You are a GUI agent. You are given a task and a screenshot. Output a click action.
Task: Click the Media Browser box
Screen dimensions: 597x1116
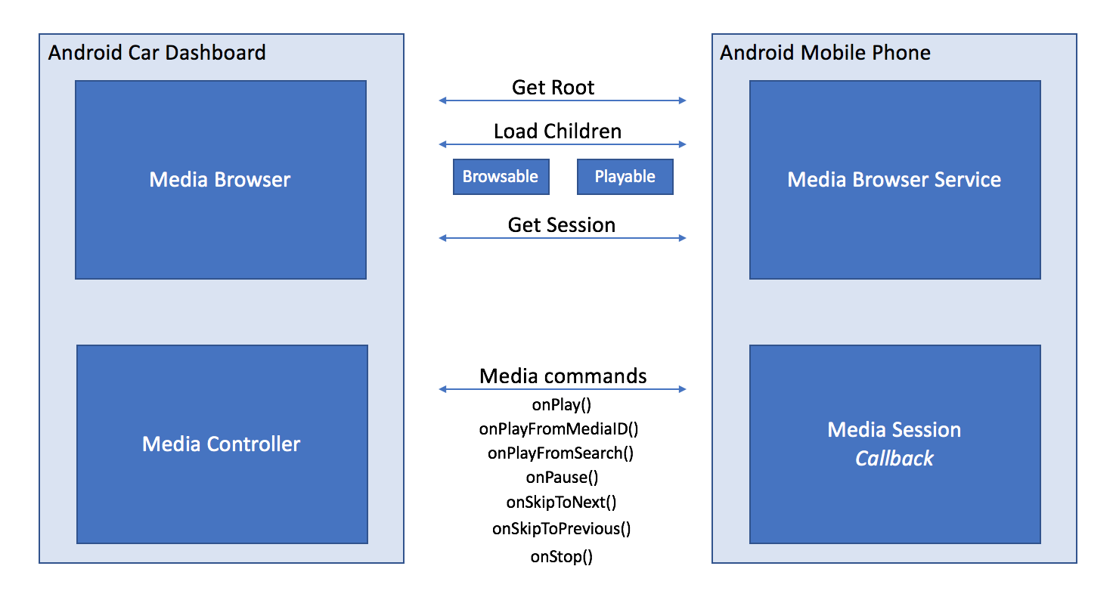point(220,180)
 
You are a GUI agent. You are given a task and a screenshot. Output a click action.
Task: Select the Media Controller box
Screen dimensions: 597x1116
point(222,444)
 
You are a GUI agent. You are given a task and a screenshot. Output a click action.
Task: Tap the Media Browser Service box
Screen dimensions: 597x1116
point(894,180)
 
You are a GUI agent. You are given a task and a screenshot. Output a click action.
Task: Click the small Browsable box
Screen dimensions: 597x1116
point(501,177)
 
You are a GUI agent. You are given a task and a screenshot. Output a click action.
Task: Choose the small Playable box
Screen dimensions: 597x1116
point(625,177)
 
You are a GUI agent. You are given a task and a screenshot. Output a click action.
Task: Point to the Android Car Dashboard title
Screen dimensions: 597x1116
point(157,53)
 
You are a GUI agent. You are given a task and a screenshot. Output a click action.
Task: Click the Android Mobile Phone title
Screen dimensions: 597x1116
point(825,53)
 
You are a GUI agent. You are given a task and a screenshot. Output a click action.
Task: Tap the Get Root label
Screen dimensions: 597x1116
point(553,88)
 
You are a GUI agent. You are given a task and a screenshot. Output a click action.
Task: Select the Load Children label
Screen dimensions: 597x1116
point(558,131)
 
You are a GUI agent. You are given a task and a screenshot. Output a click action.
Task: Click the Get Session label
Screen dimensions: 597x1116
point(562,225)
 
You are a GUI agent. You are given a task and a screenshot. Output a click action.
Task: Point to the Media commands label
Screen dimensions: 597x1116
point(563,376)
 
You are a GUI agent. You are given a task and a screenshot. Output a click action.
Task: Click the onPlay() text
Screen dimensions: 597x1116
point(562,405)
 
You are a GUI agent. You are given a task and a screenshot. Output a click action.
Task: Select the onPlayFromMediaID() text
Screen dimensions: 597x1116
point(559,429)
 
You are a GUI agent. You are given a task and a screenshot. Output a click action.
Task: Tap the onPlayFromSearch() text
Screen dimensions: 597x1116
point(560,453)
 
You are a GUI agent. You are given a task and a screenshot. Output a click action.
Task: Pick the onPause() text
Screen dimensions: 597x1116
point(562,478)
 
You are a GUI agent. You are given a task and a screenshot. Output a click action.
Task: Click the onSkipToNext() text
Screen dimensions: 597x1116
point(561,503)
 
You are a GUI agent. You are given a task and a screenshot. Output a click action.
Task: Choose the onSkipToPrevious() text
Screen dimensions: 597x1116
point(561,529)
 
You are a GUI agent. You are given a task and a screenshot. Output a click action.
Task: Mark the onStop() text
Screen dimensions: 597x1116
point(562,558)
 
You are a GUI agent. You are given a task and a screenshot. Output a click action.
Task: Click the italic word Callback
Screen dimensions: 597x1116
point(894,459)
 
